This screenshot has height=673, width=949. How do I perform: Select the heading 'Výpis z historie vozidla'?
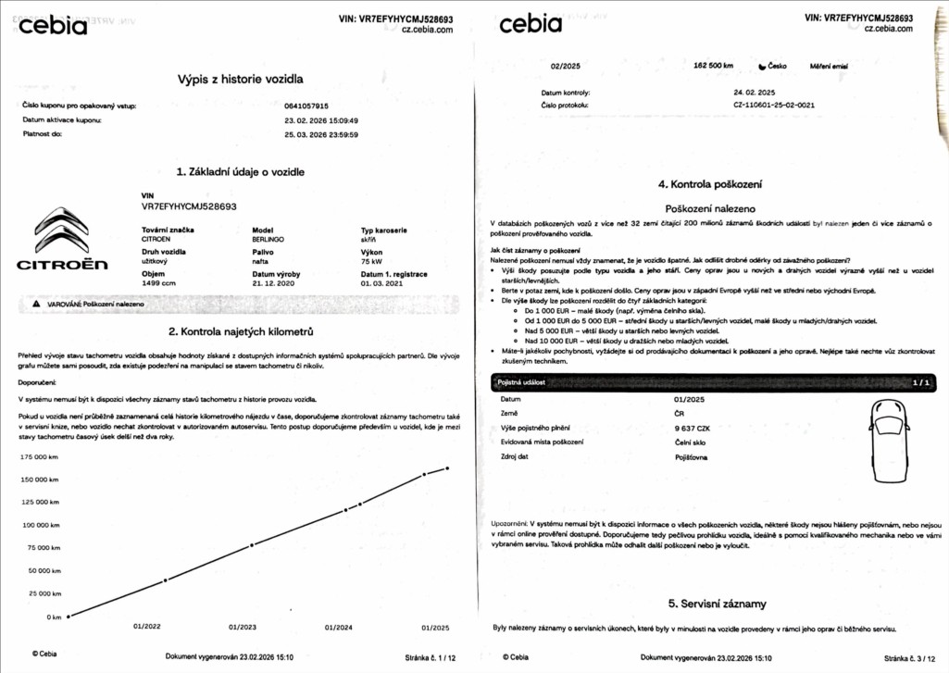(241, 80)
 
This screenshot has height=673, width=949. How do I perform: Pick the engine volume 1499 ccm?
(159, 283)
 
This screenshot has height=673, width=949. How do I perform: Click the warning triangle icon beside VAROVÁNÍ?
(36, 304)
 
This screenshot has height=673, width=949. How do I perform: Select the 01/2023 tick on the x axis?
(243, 627)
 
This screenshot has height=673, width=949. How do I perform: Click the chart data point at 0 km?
(69, 617)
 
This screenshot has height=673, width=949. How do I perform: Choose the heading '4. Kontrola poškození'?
(710, 185)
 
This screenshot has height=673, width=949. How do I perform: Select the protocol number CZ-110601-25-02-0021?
(773, 106)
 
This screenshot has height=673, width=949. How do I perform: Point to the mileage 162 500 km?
(713, 66)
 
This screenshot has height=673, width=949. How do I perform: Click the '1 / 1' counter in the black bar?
(920, 381)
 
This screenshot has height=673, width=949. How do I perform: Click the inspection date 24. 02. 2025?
(754, 93)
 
